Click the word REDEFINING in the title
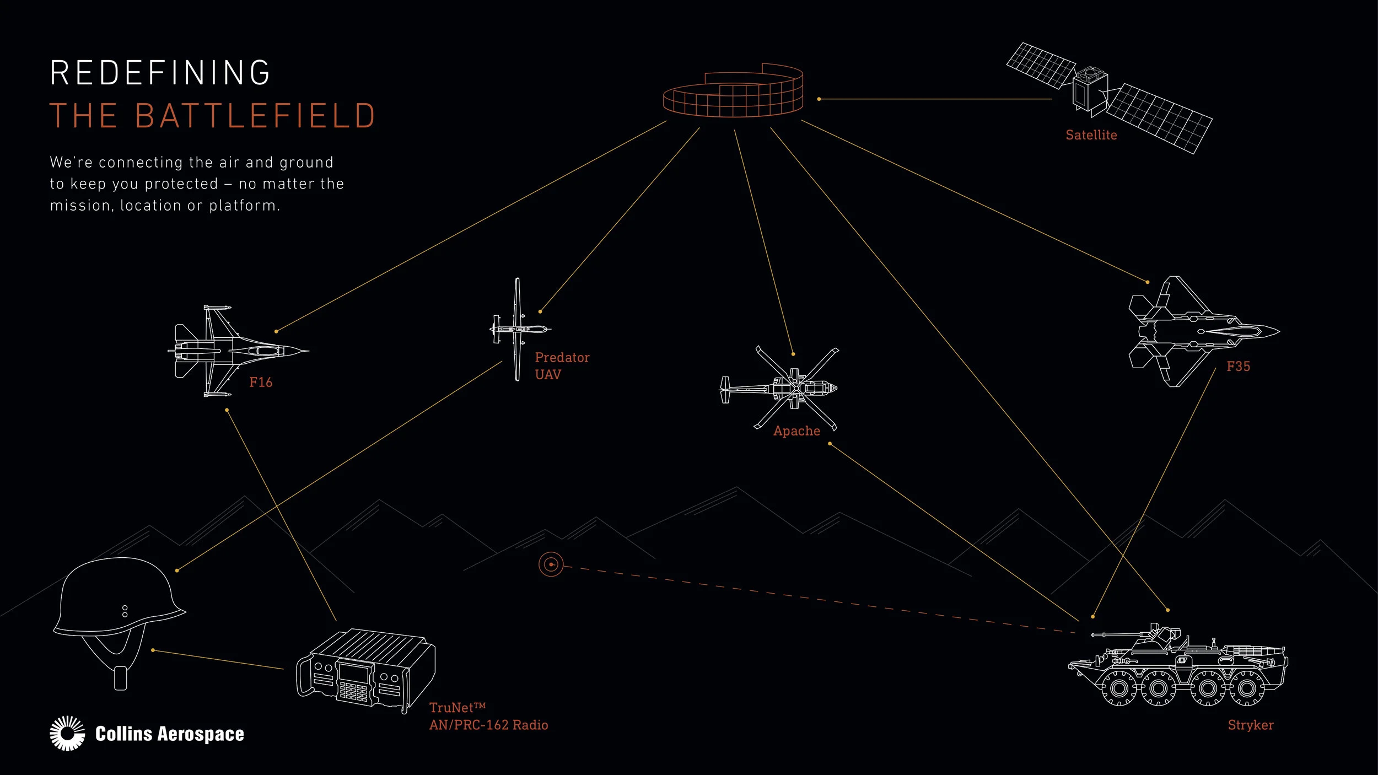pyautogui.click(x=160, y=73)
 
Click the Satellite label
pyautogui.click(x=1091, y=135)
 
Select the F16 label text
pyautogui.click(x=261, y=383)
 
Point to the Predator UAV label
pyautogui.click(x=561, y=366)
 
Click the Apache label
pyautogui.click(x=796, y=431)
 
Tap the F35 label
pyautogui.click(x=1238, y=367)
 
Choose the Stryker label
pyautogui.click(x=1250, y=725)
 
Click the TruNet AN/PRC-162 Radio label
pyautogui.click(x=488, y=717)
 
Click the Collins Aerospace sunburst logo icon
pyautogui.click(x=67, y=734)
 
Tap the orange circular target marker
pyautogui.click(x=551, y=564)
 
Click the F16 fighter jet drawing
pyautogui.click(x=237, y=351)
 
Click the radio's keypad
pyautogui.click(x=353, y=691)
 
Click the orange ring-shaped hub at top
pyautogui.click(x=733, y=94)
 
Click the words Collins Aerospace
pyautogui.click(x=169, y=734)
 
